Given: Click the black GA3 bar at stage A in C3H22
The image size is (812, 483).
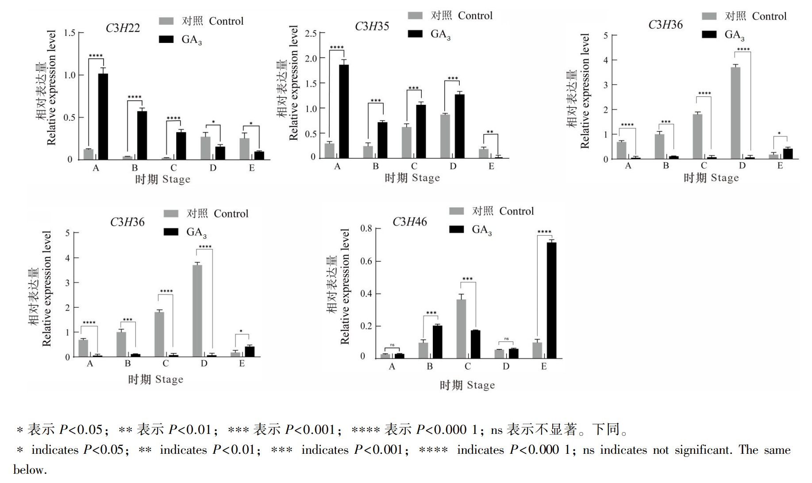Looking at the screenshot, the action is [x=103, y=116].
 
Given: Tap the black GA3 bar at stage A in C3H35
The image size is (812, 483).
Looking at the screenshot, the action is [x=343, y=111].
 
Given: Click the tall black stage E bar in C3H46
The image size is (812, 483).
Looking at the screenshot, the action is [x=551, y=300].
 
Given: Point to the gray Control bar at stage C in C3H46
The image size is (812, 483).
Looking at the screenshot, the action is [x=461, y=329].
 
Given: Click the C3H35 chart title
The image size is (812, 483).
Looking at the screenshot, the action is [x=372, y=27].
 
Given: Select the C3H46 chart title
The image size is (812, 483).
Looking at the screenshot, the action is [x=410, y=222].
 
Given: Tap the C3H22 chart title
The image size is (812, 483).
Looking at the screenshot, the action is [x=123, y=28].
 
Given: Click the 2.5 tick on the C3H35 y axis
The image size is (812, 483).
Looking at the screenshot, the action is [x=311, y=34].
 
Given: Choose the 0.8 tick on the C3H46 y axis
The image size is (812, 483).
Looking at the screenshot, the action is [x=366, y=228].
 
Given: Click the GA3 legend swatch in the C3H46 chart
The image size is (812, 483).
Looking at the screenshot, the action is [x=456, y=229].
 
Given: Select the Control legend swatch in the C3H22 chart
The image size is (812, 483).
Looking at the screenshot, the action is [x=166, y=21].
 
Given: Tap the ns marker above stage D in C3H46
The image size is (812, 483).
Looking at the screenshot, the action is [x=506, y=339].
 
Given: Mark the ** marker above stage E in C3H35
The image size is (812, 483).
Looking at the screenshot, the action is [x=490, y=132].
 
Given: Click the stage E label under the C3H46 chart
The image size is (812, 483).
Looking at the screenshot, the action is [x=544, y=366].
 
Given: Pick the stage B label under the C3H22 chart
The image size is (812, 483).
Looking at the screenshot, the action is [x=135, y=168].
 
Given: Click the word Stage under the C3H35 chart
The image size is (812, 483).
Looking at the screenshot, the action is [x=425, y=178].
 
